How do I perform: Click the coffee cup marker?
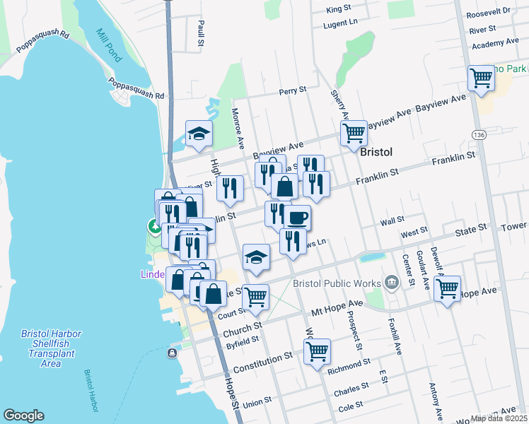pos(297,217)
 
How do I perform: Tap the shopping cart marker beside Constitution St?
pos(318,351)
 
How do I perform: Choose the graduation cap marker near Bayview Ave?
pos(199,133)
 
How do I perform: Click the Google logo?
pos(24,416)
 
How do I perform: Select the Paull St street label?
pos(201,33)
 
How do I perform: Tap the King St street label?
pos(339,9)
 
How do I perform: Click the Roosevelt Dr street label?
pos(494,11)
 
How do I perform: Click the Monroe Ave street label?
pos(238,127)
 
